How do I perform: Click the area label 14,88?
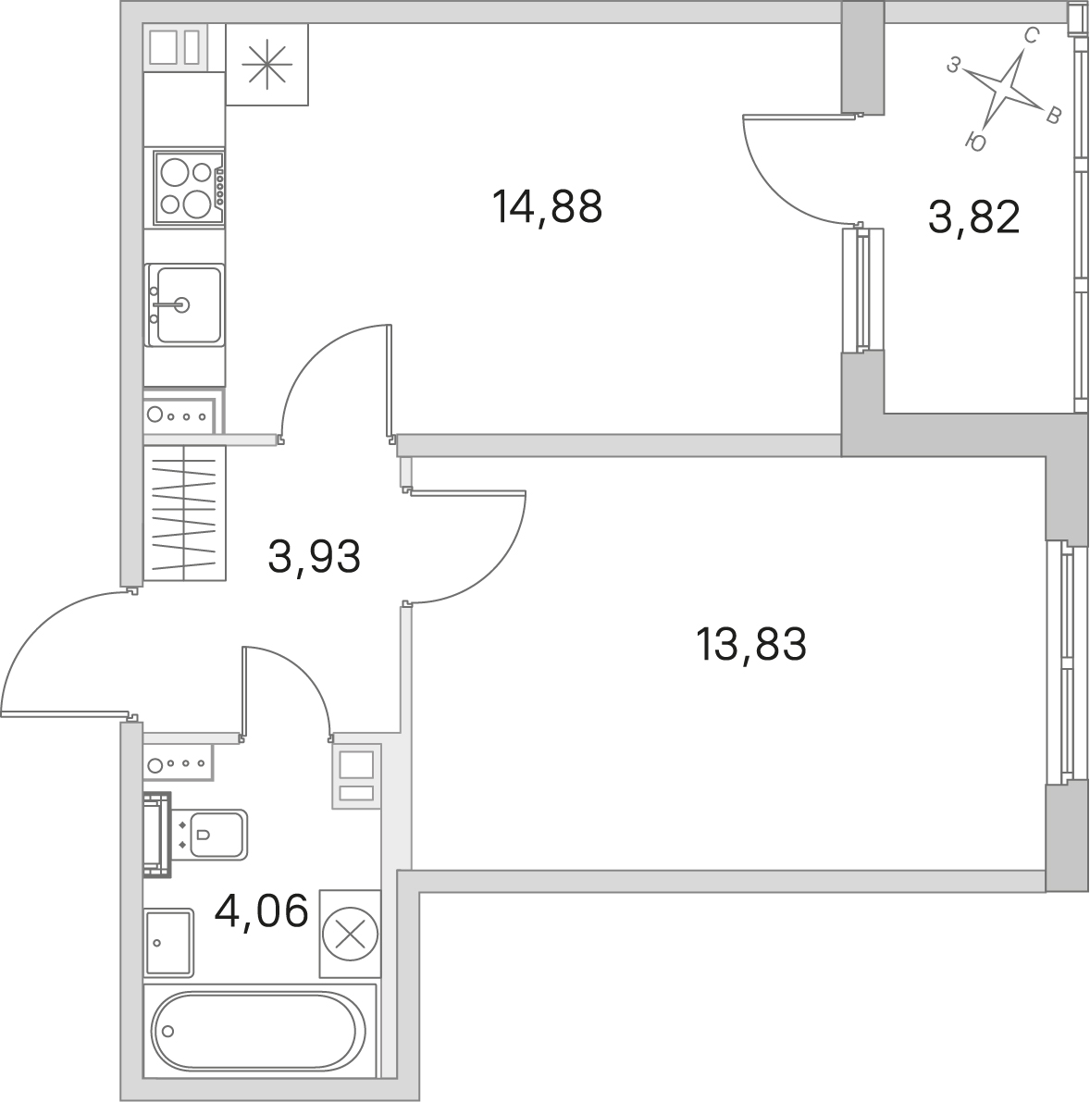tap(548, 207)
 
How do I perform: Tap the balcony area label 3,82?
tap(973, 217)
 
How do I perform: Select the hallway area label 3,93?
tap(315, 557)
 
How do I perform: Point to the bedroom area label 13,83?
tap(750, 645)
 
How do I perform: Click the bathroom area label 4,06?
tap(262, 910)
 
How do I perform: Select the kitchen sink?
tap(185, 305)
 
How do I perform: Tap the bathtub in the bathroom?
tap(260, 1031)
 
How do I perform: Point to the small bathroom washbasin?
tap(168, 942)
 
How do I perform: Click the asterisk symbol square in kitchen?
tap(267, 65)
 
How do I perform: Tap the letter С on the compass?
tap(1030, 36)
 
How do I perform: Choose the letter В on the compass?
tap(1052, 116)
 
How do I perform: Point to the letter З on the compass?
tap(953, 66)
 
